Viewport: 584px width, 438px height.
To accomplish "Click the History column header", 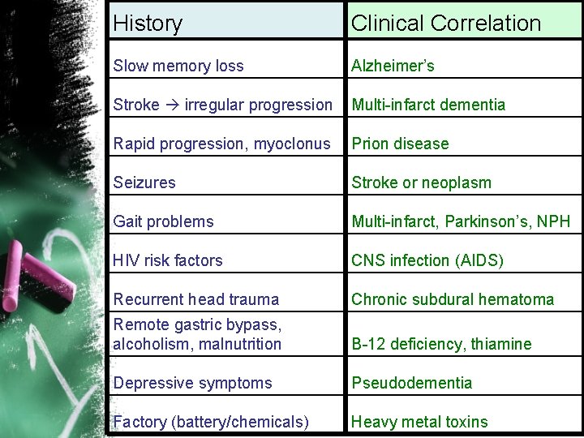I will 148,24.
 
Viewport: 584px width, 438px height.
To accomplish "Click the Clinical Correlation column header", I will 445,24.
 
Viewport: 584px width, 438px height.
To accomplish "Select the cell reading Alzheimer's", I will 393,66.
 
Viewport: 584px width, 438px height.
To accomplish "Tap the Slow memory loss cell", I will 178,66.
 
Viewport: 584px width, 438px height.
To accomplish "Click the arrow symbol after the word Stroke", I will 174,105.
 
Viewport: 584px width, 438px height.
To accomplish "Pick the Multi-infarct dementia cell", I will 428,105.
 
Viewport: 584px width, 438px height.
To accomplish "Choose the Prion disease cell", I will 400,144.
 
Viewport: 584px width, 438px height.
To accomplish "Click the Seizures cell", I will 144,182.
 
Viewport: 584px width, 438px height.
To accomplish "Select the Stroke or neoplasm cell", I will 421,182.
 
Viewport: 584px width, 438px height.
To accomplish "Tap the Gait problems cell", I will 164,221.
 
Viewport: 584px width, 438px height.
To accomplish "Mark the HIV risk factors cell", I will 168,260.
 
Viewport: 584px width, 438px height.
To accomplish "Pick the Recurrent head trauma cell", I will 196,299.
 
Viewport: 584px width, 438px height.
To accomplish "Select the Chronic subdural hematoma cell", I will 453,299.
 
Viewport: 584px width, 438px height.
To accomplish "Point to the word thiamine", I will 501,344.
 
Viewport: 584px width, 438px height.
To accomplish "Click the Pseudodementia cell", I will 411,383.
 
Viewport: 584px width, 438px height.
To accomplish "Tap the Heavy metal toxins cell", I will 419,422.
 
